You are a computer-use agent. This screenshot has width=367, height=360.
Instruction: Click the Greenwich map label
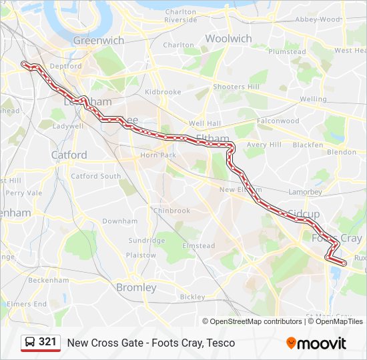(x=99, y=40)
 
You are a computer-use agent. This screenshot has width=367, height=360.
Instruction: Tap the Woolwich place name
(x=228, y=39)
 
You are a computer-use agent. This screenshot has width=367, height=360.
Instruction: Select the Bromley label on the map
(x=136, y=288)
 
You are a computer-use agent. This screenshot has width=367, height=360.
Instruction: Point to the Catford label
(x=69, y=155)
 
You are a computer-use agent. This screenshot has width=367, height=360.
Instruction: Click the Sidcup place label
(x=304, y=213)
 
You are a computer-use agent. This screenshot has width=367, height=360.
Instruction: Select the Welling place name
(x=313, y=99)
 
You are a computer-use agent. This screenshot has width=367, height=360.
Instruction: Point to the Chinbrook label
(x=172, y=211)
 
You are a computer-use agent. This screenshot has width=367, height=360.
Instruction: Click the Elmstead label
(x=199, y=246)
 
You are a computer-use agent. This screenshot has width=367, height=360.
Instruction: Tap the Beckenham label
(x=49, y=280)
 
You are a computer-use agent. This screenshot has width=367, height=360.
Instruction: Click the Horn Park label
(x=158, y=155)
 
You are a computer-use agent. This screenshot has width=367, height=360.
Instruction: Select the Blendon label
(x=342, y=152)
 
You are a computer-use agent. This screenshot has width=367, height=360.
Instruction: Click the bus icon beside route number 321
(x=30, y=342)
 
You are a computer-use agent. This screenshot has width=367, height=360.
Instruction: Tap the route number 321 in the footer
(x=47, y=342)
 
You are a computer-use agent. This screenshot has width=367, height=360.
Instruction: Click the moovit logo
(x=316, y=343)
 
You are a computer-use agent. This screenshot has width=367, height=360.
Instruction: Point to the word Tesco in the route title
(x=220, y=343)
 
